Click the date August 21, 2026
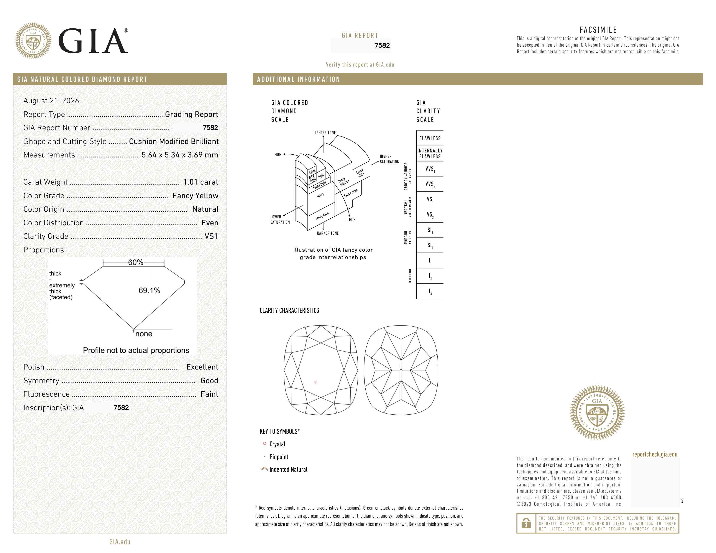[51, 101]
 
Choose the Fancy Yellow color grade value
[195, 196]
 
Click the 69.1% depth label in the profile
[149, 291]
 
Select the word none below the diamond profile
[144, 334]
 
